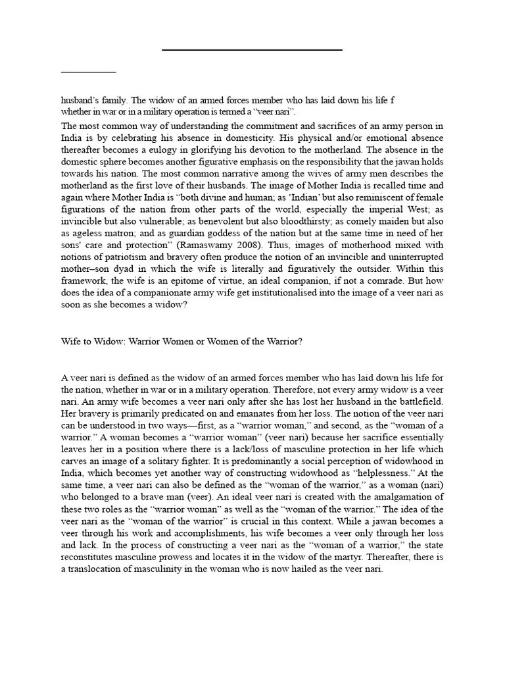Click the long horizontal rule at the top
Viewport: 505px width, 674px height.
coord(252,50)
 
